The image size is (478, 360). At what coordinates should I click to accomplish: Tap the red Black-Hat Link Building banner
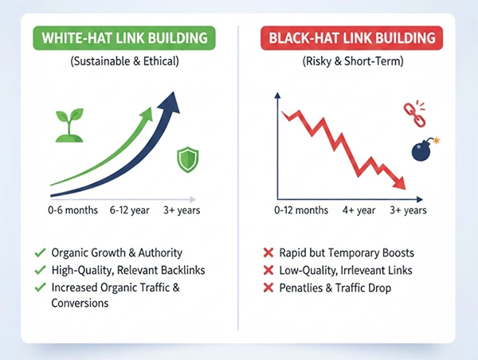[351, 37]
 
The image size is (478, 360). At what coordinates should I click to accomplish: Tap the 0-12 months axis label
[300, 210]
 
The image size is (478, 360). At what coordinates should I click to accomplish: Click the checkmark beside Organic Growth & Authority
[40, 253]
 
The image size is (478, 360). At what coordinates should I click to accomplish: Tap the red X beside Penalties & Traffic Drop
[268, 288]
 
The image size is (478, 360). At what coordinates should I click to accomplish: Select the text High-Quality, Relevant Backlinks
[127, 270]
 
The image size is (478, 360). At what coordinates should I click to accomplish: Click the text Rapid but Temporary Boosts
[347, 253]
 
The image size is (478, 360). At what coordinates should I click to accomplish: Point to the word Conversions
[80, 303]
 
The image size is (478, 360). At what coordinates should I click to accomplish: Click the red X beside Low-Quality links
[268, 271]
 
